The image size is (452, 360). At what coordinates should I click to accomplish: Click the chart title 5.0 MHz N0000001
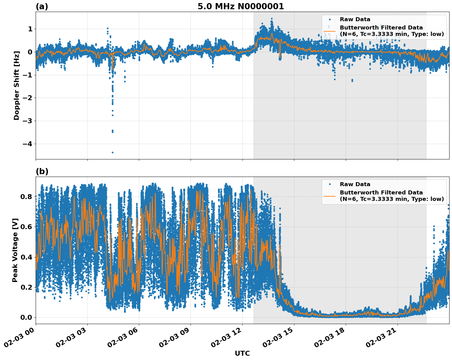click(x=241, y=6)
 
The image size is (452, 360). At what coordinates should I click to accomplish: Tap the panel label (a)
click(x=42, y=6)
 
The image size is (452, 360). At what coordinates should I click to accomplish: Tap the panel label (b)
click(x=42, y=171)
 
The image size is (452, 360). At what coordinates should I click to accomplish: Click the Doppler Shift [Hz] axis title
click(x=17, y=85)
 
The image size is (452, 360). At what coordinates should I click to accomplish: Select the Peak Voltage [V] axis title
click(x=15, y=250)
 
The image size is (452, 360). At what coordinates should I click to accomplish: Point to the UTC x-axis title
click(x=242, y=353)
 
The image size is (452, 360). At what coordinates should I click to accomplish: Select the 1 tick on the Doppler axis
click(x=30, y=29)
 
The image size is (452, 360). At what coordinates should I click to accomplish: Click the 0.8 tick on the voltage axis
click(x=26, y=197)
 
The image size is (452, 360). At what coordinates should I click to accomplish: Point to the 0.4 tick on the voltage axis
click(x=26, y=257)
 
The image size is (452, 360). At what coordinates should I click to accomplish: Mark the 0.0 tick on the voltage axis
click(x=26, y=317)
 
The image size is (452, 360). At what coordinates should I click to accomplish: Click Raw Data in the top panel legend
click(x=355, y=19)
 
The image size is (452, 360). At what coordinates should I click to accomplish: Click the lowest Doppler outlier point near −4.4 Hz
click(x=112, y=152)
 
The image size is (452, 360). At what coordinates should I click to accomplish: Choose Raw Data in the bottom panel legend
click(x=355, y=184)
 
